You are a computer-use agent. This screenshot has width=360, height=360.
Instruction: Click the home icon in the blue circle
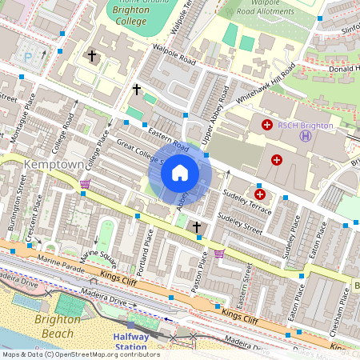(x=180, y=173)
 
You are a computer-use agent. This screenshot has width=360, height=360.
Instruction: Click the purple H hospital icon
(x=306, y=136)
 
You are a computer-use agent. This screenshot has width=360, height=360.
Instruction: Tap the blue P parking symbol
(x=30, y=57)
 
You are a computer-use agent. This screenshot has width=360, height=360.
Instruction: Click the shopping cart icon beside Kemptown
(x=84, y=185)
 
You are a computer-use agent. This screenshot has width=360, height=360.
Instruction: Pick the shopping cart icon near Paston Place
(x=219, y=254)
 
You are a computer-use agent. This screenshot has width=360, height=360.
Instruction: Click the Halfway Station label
(x=130, y=342)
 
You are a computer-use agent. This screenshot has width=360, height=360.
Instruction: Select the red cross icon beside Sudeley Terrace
(x=259, y=194)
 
